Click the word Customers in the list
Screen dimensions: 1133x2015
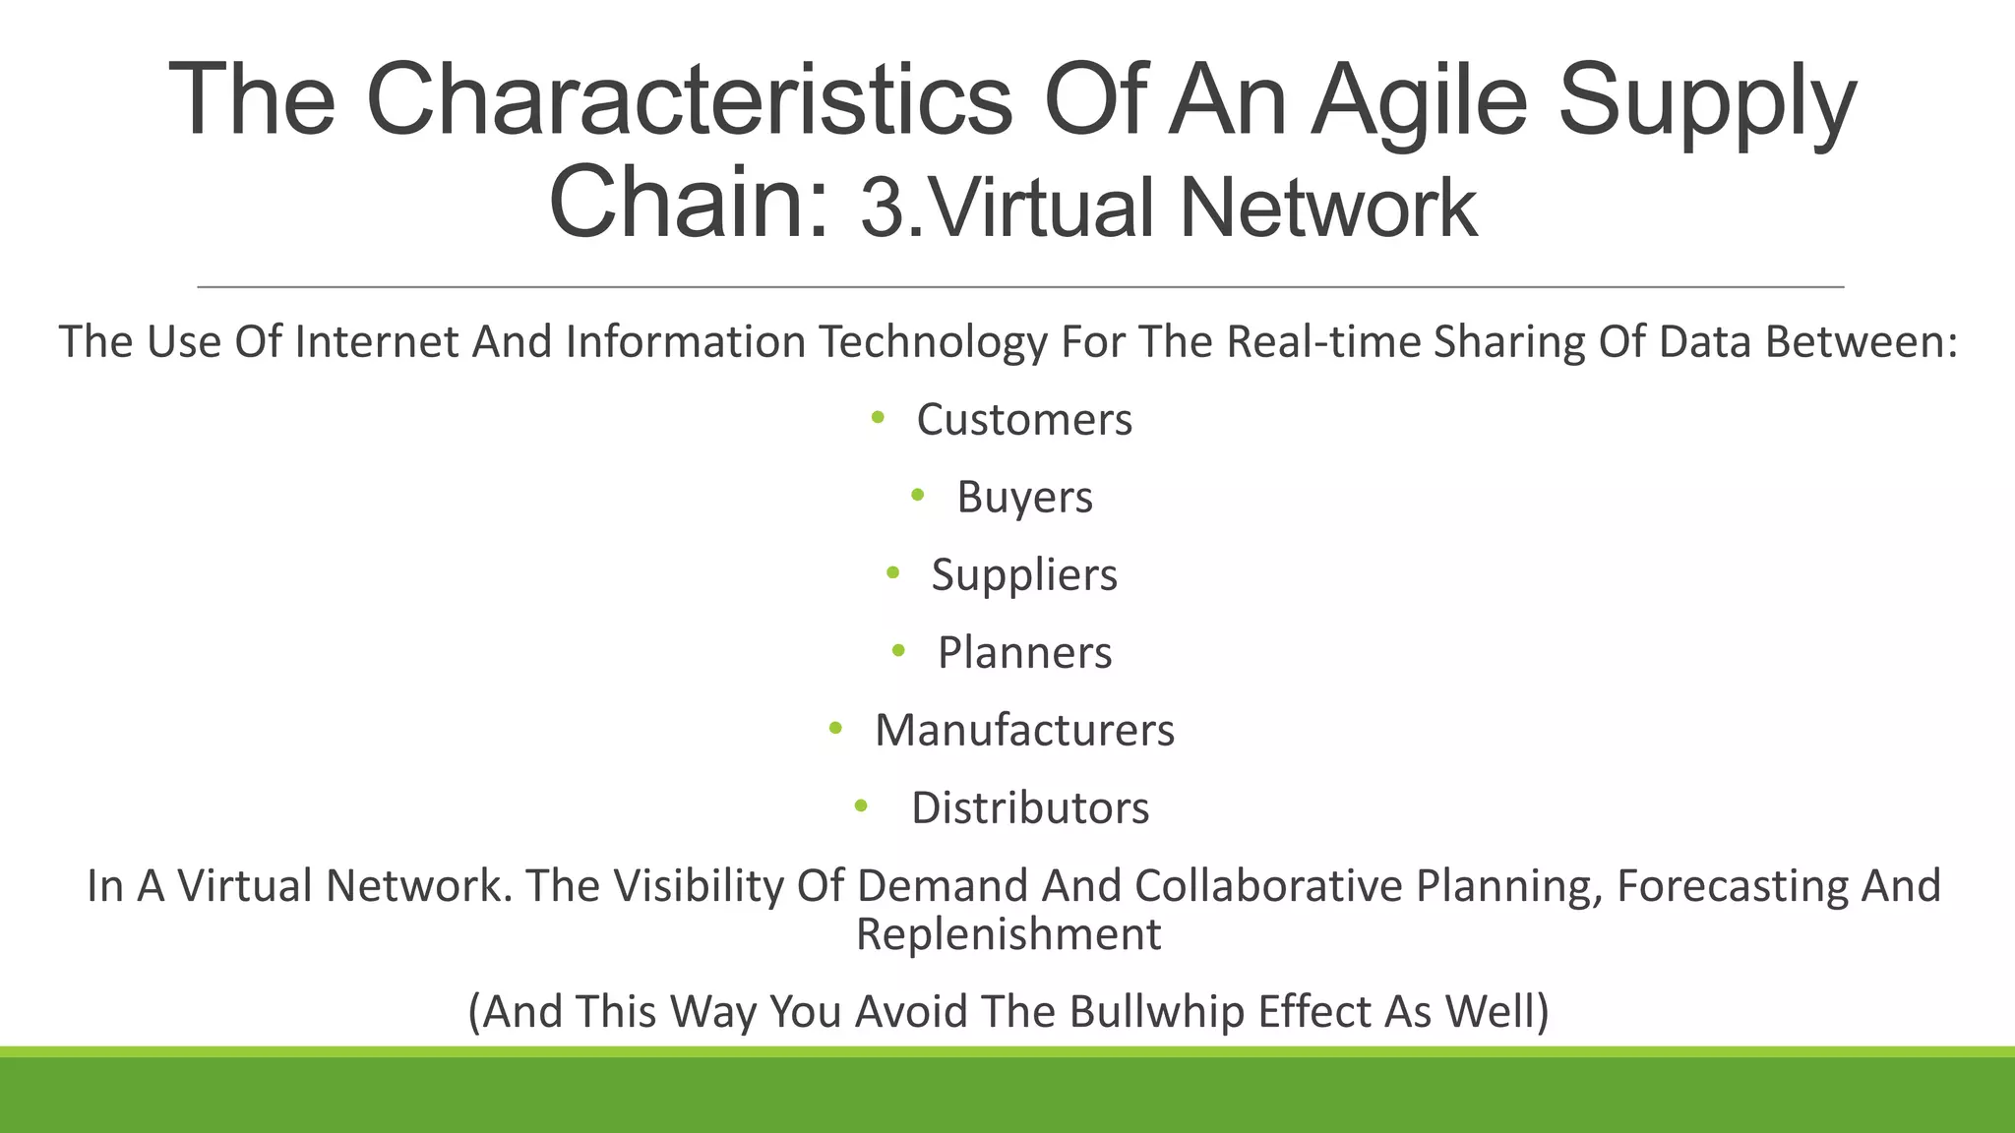[1024, 420]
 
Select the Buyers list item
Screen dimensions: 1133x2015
[1024, 498]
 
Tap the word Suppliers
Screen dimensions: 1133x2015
[1024, 575]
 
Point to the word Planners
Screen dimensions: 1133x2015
[1024, 653]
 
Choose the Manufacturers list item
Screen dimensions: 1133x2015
[1024, 731]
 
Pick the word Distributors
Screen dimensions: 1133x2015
[1030, 808]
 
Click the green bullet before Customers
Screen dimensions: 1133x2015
[878, 418]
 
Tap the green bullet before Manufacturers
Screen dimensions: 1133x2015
[835, 729]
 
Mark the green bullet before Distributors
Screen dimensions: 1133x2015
[861, 806]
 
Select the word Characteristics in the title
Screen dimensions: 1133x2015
[689, 100]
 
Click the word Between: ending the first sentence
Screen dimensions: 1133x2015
[1861, 342]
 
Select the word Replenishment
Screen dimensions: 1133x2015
[1008, 934]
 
